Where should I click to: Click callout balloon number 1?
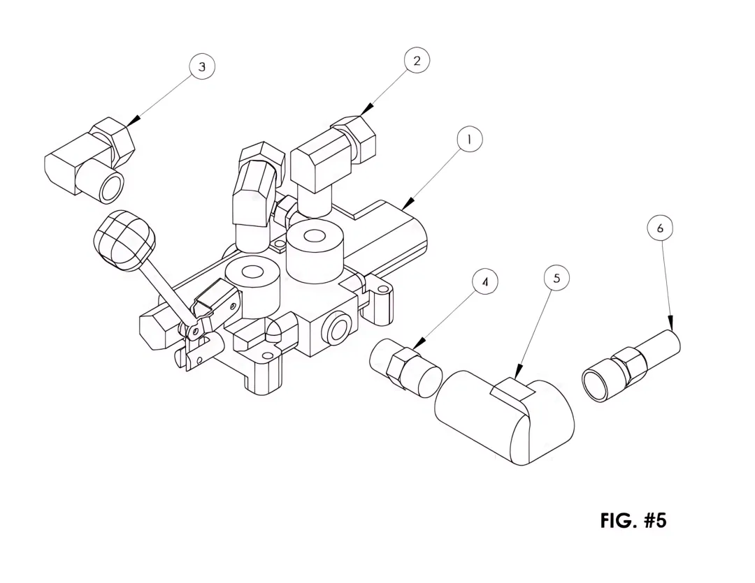(x=469, y=140)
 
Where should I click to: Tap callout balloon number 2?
(x=417, y=61)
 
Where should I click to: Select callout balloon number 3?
(x=202, y=66)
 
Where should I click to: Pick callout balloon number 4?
(x=485, y=282)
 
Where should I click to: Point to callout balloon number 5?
(x=556, y=278)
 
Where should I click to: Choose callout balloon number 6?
(x=660, y=228)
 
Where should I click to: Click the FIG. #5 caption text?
(x=633, y=520)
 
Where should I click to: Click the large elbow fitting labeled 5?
(x=505, y=417)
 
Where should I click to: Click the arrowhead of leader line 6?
(x=670, y=322)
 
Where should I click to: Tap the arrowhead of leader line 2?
(x=368, y=109)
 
